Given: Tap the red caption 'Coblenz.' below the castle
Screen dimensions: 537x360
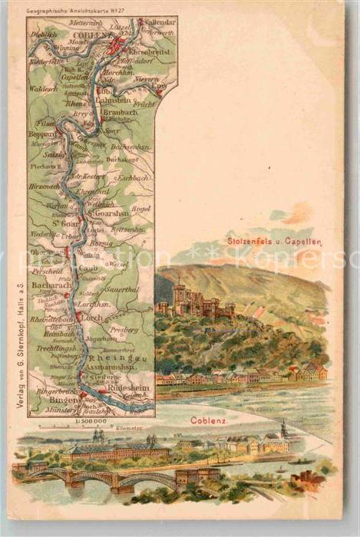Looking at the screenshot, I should [x=208, y=420].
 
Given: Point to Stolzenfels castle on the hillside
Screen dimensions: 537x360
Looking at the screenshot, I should [x=195, y=301].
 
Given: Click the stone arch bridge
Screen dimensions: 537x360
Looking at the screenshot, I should [x=107, y=479].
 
